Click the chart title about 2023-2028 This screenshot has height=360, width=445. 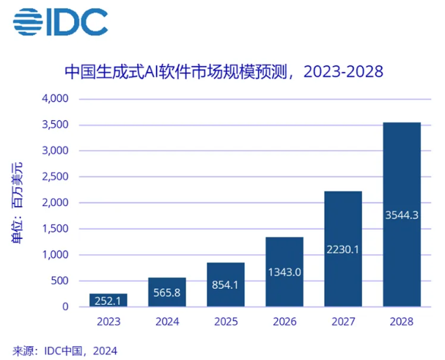coord(224,73)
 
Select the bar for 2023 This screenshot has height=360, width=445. coord(108,300)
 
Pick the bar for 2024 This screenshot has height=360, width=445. coord(166,292)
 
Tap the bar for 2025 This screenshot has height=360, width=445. coord(225,284)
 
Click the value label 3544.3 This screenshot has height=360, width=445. coord(401,215)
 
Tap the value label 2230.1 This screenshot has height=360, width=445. coord(342,249)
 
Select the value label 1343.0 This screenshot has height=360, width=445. coord(284,272)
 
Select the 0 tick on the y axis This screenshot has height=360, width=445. coord(65,306)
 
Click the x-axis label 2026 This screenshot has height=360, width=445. coord(284,321)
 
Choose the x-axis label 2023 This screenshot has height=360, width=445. coord(108,321)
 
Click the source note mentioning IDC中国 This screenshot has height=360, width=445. coord(65,350)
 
